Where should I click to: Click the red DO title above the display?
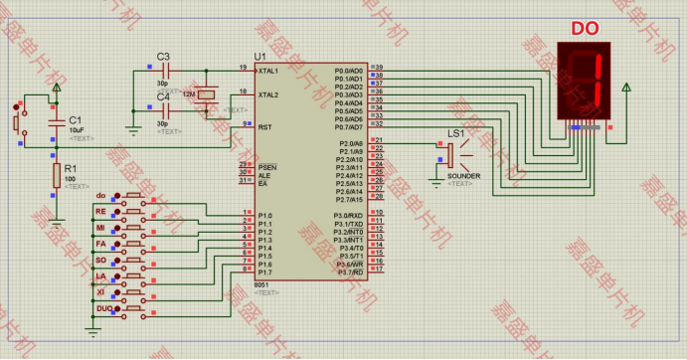pos(584,28)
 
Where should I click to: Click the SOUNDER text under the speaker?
pos(462,176)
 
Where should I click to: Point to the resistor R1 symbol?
pos(57,176)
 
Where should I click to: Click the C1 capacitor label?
pos(76,119)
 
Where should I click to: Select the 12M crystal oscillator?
pos(205,95)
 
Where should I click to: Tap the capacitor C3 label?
pos(163,56)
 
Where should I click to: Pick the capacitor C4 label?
pos(163,96)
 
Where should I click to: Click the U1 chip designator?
pos(260,56)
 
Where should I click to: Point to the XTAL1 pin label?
pos(268,71)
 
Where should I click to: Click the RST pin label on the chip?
pos(264,126)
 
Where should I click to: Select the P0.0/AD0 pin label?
pos(348,71)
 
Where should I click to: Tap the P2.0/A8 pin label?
pos(347,143)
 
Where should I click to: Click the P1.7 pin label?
pos(264,271)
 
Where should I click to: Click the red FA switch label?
pos(100,244)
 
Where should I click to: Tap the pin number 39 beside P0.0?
pos(378,67)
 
